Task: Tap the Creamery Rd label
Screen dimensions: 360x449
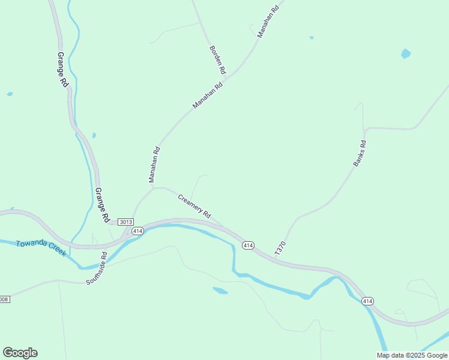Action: pyautogui.click(x=194, y=206)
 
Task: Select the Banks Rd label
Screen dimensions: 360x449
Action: pyautogui.click(x=360, y=153)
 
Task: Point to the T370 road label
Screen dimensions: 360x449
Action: pyautogui.click(x=280, y=248)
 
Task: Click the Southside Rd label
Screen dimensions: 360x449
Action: pyautogui.click(x=96, y=268)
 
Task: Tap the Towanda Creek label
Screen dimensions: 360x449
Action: pyautogui.click(x=41, y=248)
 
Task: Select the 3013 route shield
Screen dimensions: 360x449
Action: pyautogui.click(x=125, y=222)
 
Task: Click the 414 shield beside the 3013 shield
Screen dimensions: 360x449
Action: pyautogui.click(x=137, y=231)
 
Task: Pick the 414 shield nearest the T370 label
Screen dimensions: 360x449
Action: pyautogui.click(x=248, y=245)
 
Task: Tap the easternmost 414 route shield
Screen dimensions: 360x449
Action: pyautogui.click(x=368, y=301)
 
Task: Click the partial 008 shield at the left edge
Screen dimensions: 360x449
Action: pyautogui.click(x=4, y=299)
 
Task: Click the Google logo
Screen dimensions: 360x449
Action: pyautogui.click(x=20, y=353)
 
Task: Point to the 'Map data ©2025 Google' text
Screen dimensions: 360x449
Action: pyautogui.click(x=412, y=355)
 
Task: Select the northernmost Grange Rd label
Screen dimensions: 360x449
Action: pyautogui.click(x=63, y=70)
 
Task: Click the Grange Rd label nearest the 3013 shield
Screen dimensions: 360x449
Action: pyautogui.click(x=102, y=205)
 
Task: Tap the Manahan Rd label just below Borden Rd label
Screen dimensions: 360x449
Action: pyautogui.click(x=208, y=95)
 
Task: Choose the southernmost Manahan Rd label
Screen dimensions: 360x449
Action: pyautogui.click(x=154, y=165)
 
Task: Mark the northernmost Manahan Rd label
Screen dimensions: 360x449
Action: pyautogui.click(x=268, y=22)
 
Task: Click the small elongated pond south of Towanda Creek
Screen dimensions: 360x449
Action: pyautogui.click(x=220, y=291)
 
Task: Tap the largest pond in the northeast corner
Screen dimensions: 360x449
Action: pyautogui.click(x=406, y=54)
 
